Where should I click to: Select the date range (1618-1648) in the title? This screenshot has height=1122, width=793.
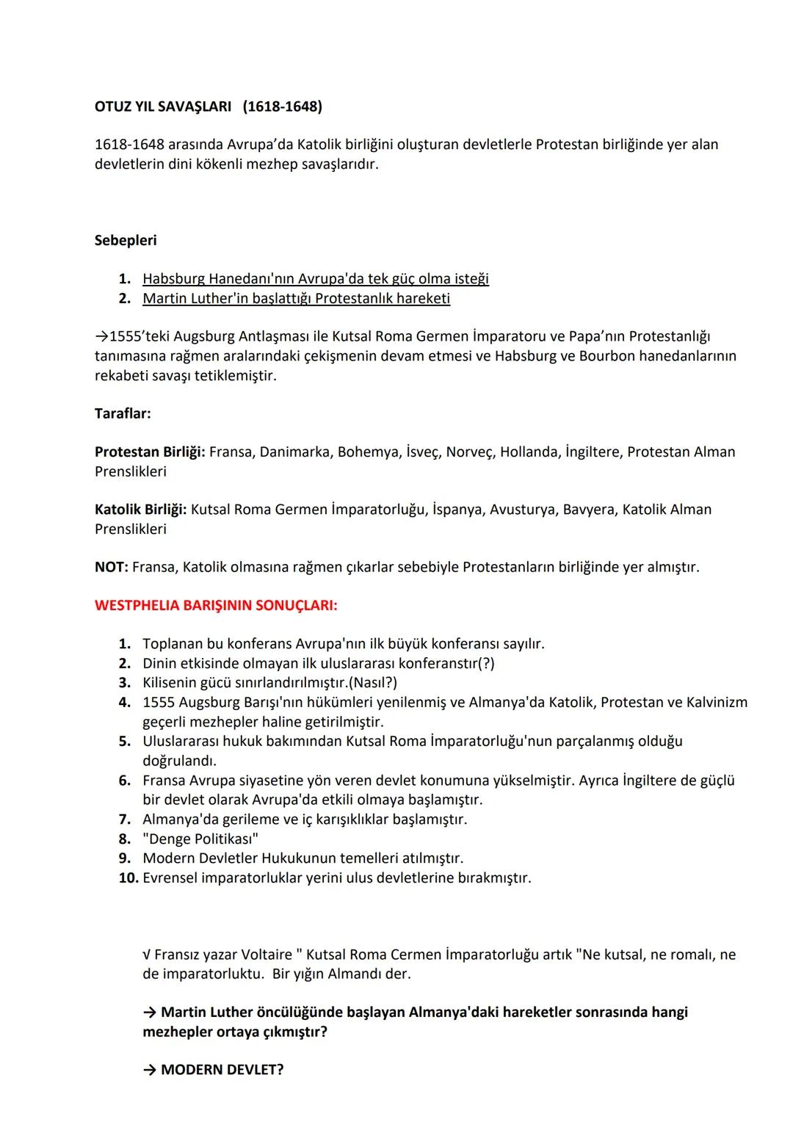coord(282,106)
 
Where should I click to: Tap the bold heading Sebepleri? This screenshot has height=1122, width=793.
coord(126,240)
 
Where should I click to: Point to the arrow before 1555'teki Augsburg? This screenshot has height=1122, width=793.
coord(101,336)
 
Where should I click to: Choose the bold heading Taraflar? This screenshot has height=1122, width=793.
coord(123,413)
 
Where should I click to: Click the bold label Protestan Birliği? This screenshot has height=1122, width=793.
coord(150,452)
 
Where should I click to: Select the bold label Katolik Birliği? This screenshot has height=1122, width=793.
coord(140,509)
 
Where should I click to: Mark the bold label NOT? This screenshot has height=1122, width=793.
coord(112,567)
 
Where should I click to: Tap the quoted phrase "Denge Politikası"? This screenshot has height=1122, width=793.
coord(200,839)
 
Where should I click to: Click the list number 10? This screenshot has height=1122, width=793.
coord(128,877)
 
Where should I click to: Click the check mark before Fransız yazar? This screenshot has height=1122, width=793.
coord(147,955)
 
